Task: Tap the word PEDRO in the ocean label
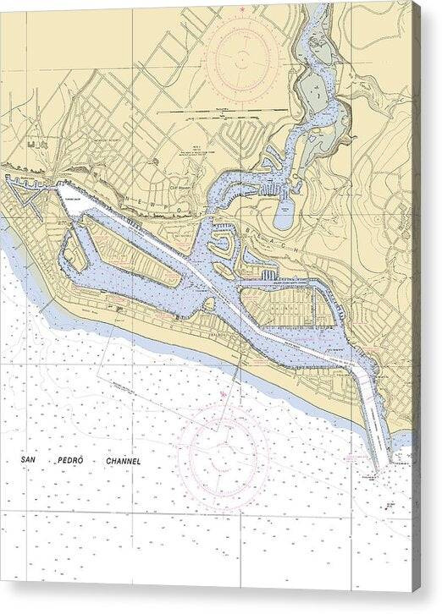pos(69,461)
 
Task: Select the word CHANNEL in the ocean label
pos(118,461)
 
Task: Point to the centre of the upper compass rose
pos(241,58)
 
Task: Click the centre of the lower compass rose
pos(224,458)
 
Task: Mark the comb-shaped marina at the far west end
pos(25,186)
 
